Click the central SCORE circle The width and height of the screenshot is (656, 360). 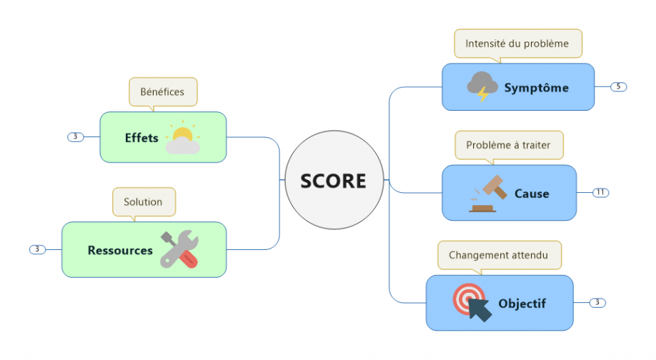coord(333,181)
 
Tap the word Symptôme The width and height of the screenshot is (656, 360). coord(536,88)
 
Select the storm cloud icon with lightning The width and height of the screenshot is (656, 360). coord(482,86)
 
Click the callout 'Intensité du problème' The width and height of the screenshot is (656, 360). coord(517,44)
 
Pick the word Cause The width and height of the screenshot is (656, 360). coord(532,194)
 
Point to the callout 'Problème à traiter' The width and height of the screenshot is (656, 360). coord(508,145)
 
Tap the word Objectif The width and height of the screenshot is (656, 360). coord(522,304)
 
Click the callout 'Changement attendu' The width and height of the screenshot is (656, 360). coord(499,255)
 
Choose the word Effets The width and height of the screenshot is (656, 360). coord(141,138)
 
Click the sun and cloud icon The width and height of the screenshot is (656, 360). coord(182,137)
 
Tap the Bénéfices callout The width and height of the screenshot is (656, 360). coord(162,91)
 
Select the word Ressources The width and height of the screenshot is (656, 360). coord(120,250)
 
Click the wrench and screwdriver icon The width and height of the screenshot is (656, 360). coord(179,249)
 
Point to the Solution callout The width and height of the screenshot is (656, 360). coord(143,201)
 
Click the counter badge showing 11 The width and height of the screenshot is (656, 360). coord(600,192)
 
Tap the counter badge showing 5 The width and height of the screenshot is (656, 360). coord(618,86)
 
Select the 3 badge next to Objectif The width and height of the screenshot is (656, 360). coord(597,303)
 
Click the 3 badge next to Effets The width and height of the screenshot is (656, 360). coord(75,136)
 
